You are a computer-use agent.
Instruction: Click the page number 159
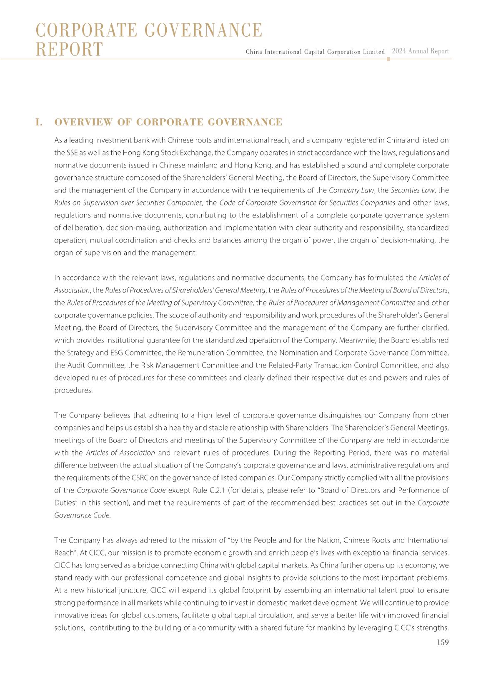click(443, 642)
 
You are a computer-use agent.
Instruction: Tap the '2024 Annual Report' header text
click(420, 51)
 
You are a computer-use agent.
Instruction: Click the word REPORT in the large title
click(69, 49)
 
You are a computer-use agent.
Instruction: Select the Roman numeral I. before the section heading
click(39, 122)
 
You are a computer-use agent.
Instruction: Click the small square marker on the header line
click(388, 59)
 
